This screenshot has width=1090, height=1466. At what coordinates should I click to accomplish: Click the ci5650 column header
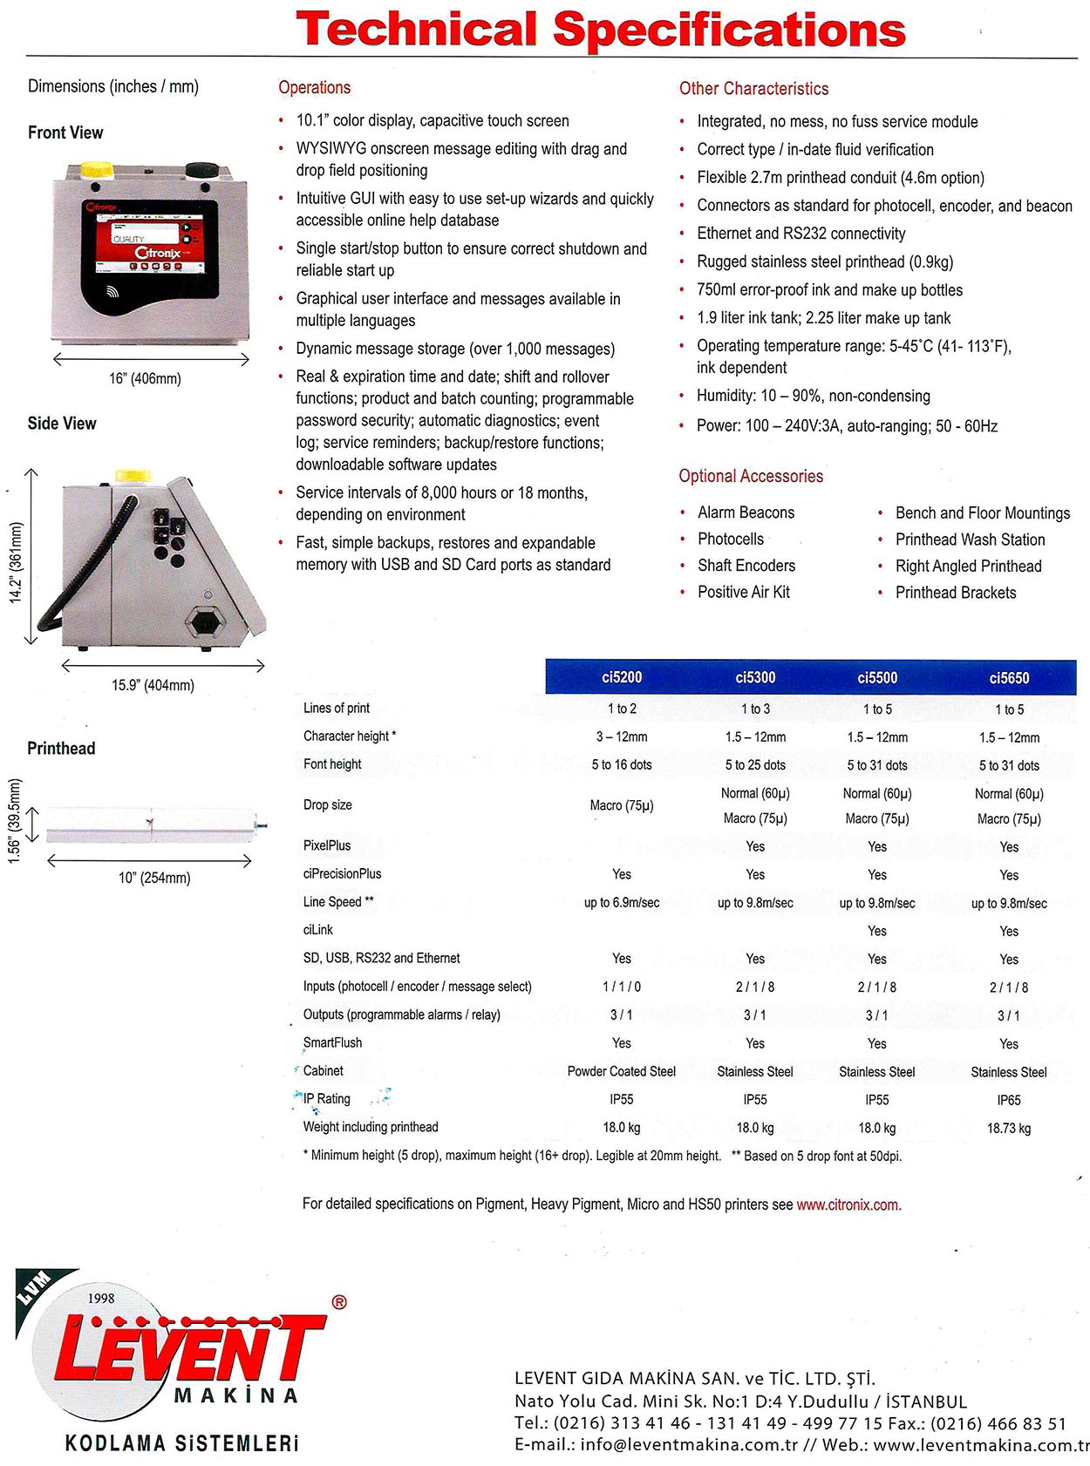tap(1009, 678)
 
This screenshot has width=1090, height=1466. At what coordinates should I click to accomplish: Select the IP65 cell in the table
tap(1009, 1100)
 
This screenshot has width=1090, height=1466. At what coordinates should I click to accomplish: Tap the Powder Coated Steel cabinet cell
tap(621, 1071)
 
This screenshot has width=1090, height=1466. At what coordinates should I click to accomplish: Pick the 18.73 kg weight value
tap(1009, 1128)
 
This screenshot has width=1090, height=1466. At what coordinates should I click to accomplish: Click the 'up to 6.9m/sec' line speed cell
tap(621, 903)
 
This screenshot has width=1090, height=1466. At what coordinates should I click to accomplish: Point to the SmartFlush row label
tap(332, 1042)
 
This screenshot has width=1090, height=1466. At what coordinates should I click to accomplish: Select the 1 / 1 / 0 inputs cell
tap(621, 987)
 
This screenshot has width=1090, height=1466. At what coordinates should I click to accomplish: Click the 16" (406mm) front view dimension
tap(145, 378)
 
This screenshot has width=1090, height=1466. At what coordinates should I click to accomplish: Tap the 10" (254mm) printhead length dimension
tap(154, 878)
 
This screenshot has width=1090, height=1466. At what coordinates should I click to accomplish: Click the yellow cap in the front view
tap(96, 168)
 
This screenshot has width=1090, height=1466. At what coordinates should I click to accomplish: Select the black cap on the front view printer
tap(201, 168)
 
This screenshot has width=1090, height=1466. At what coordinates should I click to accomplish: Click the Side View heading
tap(62, 424)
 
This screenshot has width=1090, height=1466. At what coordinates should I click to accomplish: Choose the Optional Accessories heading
tap(751, 476)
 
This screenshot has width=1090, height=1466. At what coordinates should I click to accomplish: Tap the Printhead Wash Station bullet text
tap(970, 540)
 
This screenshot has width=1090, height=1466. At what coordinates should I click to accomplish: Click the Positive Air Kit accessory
tap(743, 592)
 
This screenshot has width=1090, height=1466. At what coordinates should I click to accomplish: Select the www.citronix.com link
tap(848, 1205)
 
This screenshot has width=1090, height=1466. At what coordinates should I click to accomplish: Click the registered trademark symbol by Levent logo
tap(339, 1302)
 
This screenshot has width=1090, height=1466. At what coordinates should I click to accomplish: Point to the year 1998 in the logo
tap(101, 1299)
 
